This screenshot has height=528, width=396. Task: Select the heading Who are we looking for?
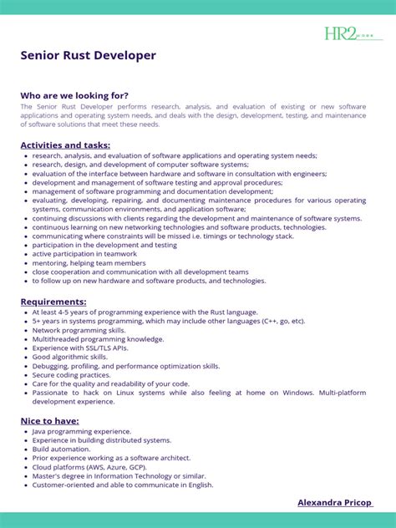click(x=74, y=95)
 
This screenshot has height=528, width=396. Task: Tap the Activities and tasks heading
click(x=65, y=145)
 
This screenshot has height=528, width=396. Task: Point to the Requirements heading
click(x=53, y=301)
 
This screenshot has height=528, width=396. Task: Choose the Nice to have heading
click(x=49, y=420)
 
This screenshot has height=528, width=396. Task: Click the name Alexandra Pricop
click(x=334, y=502)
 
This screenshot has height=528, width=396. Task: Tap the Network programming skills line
click(x=79, y=330)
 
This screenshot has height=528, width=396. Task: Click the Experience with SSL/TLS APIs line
click(x=85, y=348)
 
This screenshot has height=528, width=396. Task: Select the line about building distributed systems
click(x=101, y=439)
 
